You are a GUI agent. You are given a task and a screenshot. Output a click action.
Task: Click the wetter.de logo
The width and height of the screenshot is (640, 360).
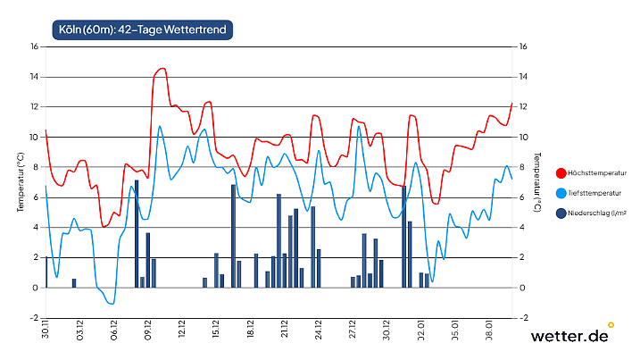[569, 336]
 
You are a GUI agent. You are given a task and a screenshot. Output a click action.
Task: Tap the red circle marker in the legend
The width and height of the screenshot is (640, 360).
[561, 172]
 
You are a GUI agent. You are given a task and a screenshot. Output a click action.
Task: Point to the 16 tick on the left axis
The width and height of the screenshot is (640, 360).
[33, 46]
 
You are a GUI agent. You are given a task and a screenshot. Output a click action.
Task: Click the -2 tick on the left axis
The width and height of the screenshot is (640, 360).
[33, 318]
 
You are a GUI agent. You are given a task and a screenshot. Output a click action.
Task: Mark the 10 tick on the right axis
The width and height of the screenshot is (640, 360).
[524, 137]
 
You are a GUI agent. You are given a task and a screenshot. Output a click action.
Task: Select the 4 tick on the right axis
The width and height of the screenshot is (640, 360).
[522, 228]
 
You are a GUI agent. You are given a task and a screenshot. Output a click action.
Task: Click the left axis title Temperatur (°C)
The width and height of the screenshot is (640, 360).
[20, 182]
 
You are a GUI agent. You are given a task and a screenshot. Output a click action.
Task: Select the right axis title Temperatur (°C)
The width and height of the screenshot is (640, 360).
[537, 182]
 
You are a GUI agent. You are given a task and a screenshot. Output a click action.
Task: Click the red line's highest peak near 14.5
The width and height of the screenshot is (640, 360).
[162, 68]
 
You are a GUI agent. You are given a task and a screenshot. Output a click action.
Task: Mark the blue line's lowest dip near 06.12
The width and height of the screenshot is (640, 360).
[112, 304]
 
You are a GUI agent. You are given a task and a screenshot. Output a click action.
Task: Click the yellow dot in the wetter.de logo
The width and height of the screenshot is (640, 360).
[611, 324]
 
